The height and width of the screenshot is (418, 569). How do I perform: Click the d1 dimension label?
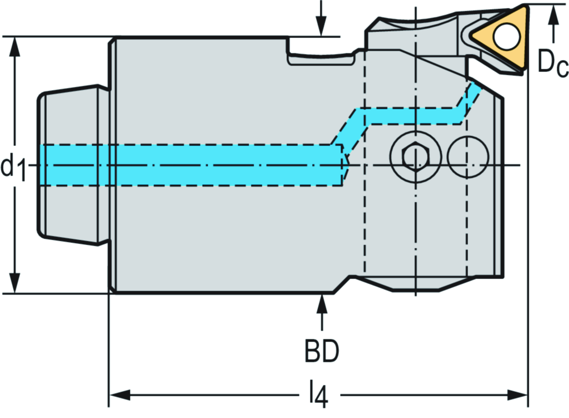(14, 166)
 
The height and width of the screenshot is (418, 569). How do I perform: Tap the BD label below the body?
(321, 351)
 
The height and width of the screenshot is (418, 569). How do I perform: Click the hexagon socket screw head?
(414, 156)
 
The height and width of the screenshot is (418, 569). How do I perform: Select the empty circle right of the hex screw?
(468, 156)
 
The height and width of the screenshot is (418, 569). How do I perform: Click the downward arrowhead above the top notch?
(321, 28)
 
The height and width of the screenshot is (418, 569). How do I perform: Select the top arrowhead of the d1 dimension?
(16, 47)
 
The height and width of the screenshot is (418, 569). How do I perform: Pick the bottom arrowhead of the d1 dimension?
(16, 282)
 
